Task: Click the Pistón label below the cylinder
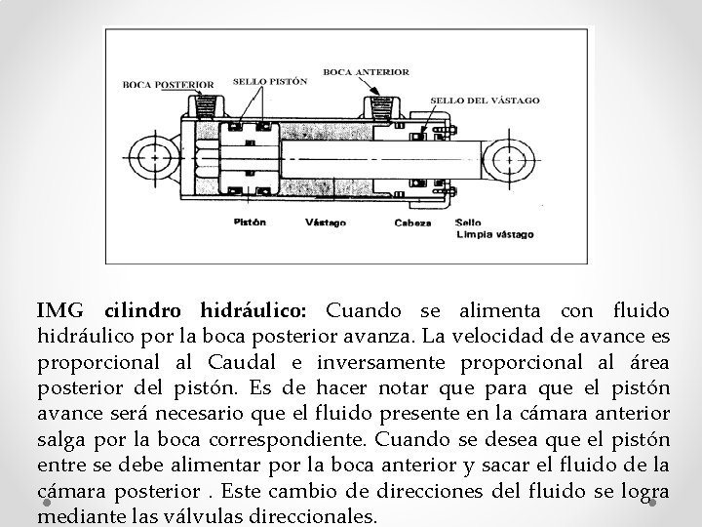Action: click(250, 222)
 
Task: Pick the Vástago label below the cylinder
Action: click(326, 223)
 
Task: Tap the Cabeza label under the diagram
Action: click(412, 223)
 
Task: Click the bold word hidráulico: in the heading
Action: click(253, 311)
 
